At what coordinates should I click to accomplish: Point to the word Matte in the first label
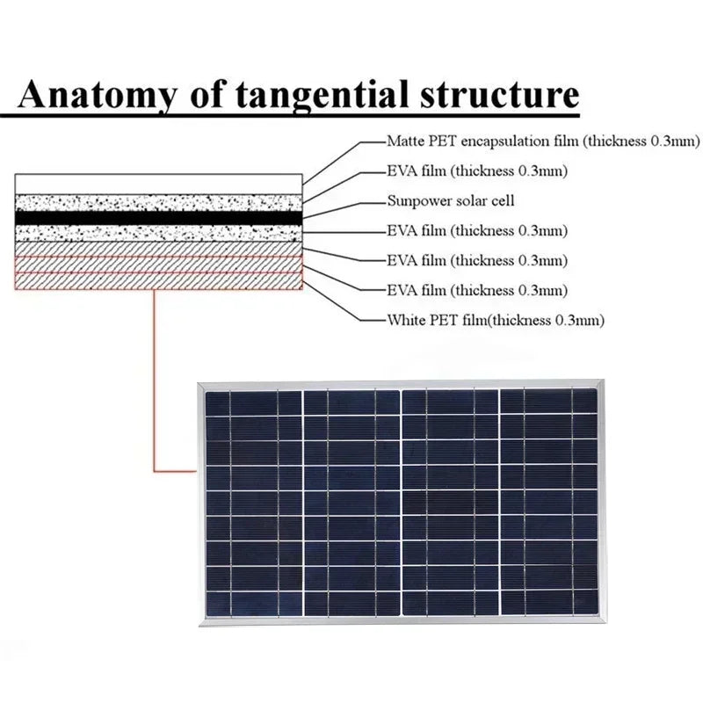pyautogui.click(x=405, y=141)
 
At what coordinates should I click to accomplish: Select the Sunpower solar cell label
pyautogui.click(x=451, y=201)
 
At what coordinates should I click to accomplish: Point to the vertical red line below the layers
pyautogui.click(x=155, y=378)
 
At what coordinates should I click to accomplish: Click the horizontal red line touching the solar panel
pyautogui.click(x=176, y=471)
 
